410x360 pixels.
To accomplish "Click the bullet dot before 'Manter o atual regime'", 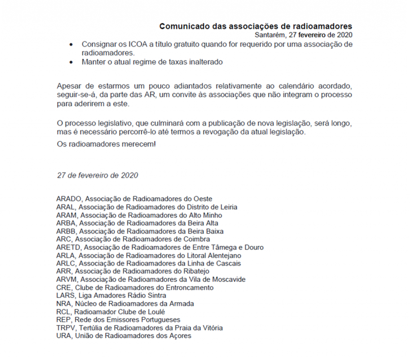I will point(71,62).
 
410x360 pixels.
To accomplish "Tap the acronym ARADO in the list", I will point(69,199).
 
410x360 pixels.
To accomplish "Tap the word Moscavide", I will point(228,279).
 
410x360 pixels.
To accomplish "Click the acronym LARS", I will point(65,296).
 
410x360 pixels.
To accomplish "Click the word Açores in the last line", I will point(181,336).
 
